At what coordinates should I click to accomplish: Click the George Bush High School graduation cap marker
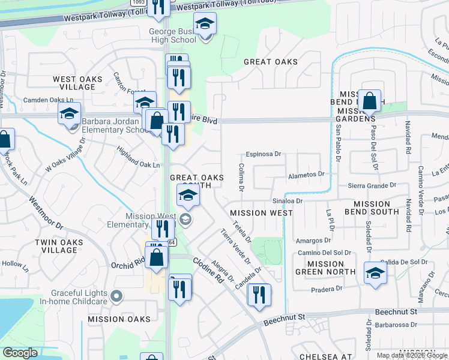pyautogui.click(x=205, y=25)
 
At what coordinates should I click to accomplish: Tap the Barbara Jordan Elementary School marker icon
pyautogui.click(x=69, y=113)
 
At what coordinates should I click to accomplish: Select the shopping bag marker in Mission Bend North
pyautogui.click(x=369, y=101)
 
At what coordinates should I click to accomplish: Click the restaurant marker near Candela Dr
pyautogui.click(x=259, y=295)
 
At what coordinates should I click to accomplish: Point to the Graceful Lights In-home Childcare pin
pyautogui.click(x=117, y=296)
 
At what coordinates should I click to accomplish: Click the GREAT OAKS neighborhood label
pyautogui.click(x=271, y=62)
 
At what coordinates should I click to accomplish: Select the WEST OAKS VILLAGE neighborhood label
pyautogui.click(x=73, y=83)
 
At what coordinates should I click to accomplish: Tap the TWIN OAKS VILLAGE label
pyautogui.click(x=59, y=246)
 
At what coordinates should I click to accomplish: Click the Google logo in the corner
pyautogui.click(x=20, y=353)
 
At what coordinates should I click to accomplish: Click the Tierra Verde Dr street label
pyautogui.click(x=235, y=246)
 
